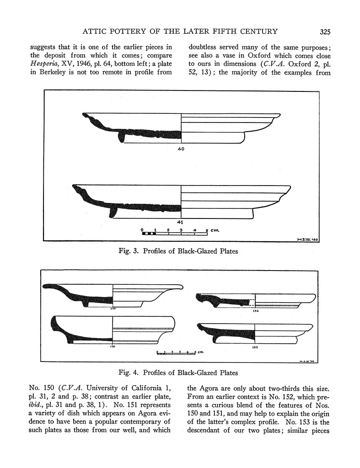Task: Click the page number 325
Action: coord(325,32)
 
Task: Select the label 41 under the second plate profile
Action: coord(181,222)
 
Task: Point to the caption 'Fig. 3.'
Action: coord(130,251)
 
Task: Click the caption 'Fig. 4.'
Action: coord(130,372)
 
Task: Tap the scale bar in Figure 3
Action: coord(174,233)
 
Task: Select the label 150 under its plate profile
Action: coord(113,309)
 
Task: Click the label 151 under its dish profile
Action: coord(113,346)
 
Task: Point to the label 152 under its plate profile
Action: coord(255,311)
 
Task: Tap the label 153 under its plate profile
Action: coord(255,347)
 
